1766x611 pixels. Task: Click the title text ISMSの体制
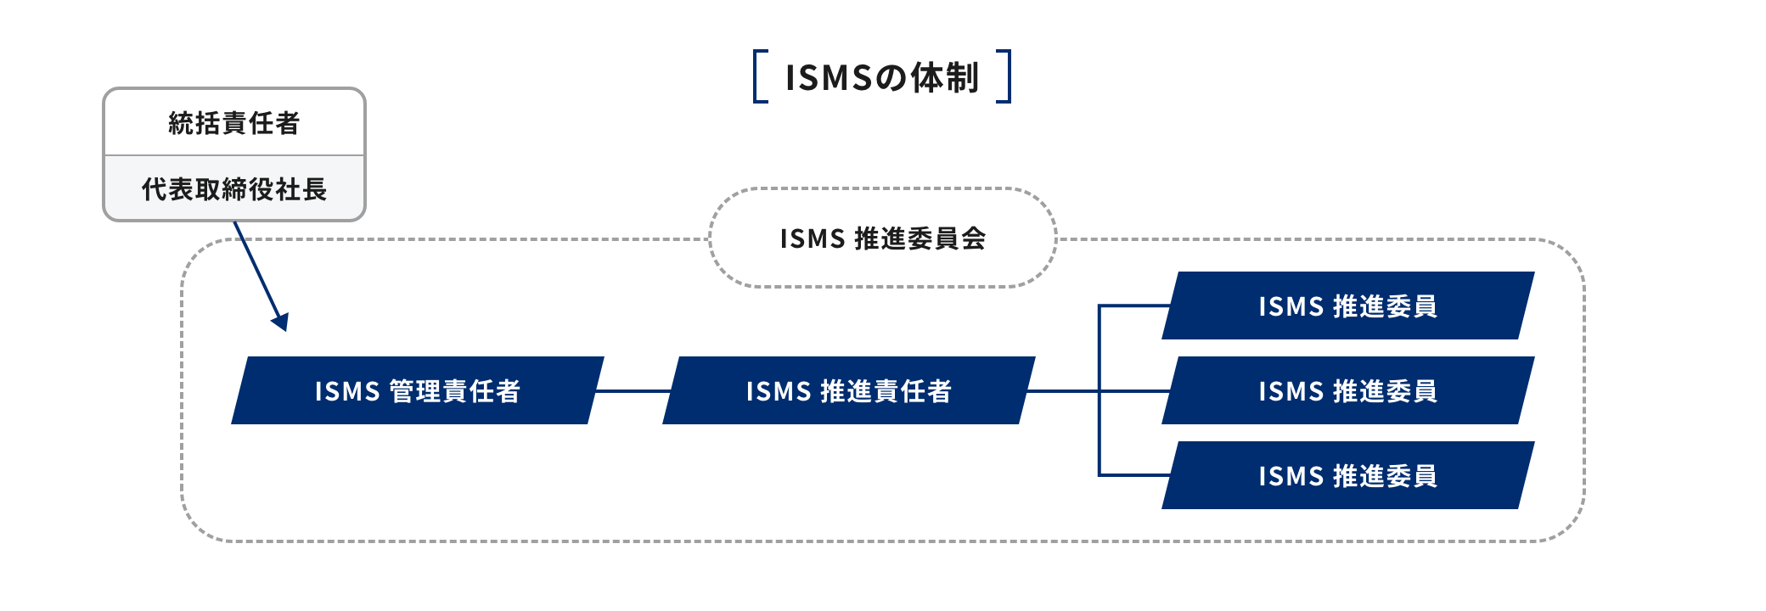[x=881, y=77]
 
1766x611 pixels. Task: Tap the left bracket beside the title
[x=758, y=76]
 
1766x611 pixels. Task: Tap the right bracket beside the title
[x=1006, y=76]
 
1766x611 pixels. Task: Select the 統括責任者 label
[x=233, y=123]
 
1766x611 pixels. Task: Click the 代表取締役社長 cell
[x=233, y=189]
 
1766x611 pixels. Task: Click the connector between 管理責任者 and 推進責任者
[x=633, y=391]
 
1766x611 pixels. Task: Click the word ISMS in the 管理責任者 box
[x=346, y=391]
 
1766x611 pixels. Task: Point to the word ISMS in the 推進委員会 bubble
[x=812, y=238]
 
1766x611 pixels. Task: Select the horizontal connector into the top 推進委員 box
[x=1133, y=305]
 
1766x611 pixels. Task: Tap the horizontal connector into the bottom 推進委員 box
[x=1133, y=475]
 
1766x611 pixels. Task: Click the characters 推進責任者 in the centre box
[x=886, y=391]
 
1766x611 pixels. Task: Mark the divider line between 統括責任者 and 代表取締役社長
[x=233, y=155]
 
